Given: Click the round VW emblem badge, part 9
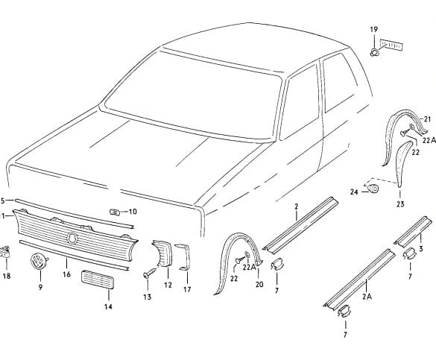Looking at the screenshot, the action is point(38,262).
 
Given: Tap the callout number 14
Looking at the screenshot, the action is point(108,306).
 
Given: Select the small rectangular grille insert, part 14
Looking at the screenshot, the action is point(98,280).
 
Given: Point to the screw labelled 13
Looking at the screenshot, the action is point(150,273).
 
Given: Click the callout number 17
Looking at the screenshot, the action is point(187,289).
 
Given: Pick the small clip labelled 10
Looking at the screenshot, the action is point(115,212).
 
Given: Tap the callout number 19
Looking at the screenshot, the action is point(374,29).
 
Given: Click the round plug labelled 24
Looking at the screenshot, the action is point(373,189).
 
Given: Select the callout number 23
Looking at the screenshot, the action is point(400,204).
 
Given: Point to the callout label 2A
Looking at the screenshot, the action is point(367,297).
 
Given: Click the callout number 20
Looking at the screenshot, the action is point(259,284).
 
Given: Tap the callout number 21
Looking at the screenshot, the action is point(427,119).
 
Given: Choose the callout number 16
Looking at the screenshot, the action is point(66,274).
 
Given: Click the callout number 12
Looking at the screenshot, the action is point(168,285).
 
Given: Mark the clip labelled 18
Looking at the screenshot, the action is point(5,251).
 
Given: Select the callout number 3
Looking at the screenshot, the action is point(420,248).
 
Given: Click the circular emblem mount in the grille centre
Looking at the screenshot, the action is point(72,239).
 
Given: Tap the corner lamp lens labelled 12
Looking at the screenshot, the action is point(162,253).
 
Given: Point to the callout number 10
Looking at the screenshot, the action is point(133,212).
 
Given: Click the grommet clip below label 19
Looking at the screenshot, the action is point(375,52).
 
